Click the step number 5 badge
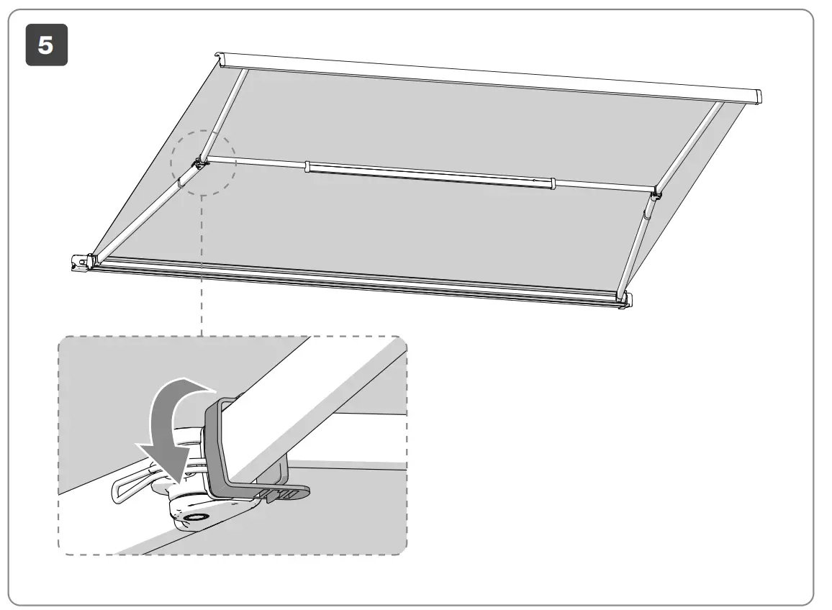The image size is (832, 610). tap(47, 45)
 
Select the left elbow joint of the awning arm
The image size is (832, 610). tap(199, 165)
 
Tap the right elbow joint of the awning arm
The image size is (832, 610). tap(656, 195)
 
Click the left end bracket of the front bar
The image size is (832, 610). tap(81, 263)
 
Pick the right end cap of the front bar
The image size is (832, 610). tap(625, 301)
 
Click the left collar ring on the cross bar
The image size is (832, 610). tap(307, 167)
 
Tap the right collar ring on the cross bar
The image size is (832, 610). tap(552, 183)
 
